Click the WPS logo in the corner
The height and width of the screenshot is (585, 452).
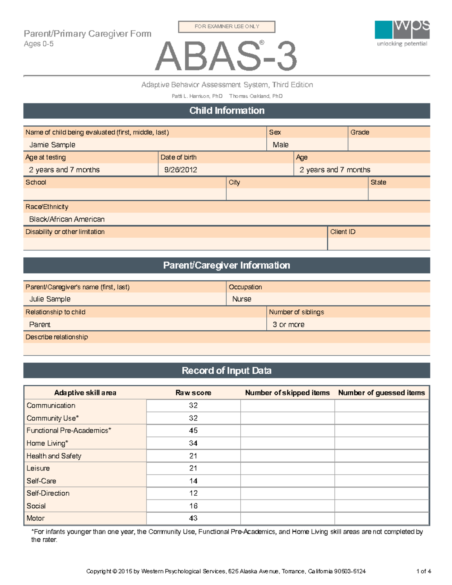pos(402,33)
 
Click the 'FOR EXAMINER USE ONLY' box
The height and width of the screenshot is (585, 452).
pos(226,26)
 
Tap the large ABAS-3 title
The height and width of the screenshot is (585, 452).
pos(226,57)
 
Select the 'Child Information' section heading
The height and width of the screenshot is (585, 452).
pos(226,111)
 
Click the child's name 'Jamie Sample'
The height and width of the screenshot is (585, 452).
pos(52,145)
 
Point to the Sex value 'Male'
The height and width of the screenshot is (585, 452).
pos(281,145)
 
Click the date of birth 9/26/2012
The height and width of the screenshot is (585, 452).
pos(180,170)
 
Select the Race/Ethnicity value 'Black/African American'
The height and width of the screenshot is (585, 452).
pos(67,219)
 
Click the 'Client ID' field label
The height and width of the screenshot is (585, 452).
pos(343,232)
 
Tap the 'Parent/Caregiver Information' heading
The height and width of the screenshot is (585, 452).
pos(226,266)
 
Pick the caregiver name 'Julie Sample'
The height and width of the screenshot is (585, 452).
pos(50,299)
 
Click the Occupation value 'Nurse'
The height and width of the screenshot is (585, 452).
pos(242,299)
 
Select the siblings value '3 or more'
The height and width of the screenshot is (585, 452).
pos(289,325)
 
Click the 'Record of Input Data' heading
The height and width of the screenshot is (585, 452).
pos(226,371)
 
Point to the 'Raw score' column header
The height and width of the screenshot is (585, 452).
pos(193,393)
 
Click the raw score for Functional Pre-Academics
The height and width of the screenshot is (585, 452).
pos(193,431)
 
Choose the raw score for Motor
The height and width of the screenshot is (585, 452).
pos(193,518)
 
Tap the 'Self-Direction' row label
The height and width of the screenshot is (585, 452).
pos(48,493)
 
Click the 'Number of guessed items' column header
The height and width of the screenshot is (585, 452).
pos(381,393)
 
